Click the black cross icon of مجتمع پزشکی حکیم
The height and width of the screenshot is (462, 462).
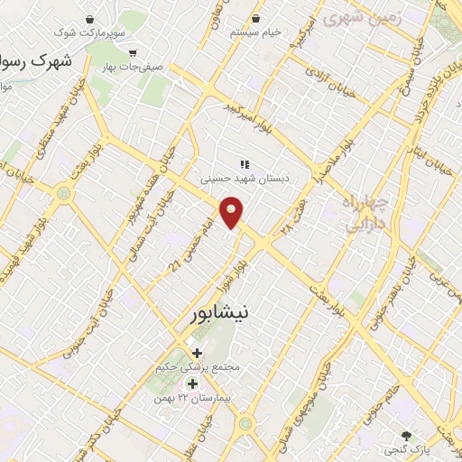point(197,352)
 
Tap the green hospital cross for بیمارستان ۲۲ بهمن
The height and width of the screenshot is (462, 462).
point(192,383)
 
